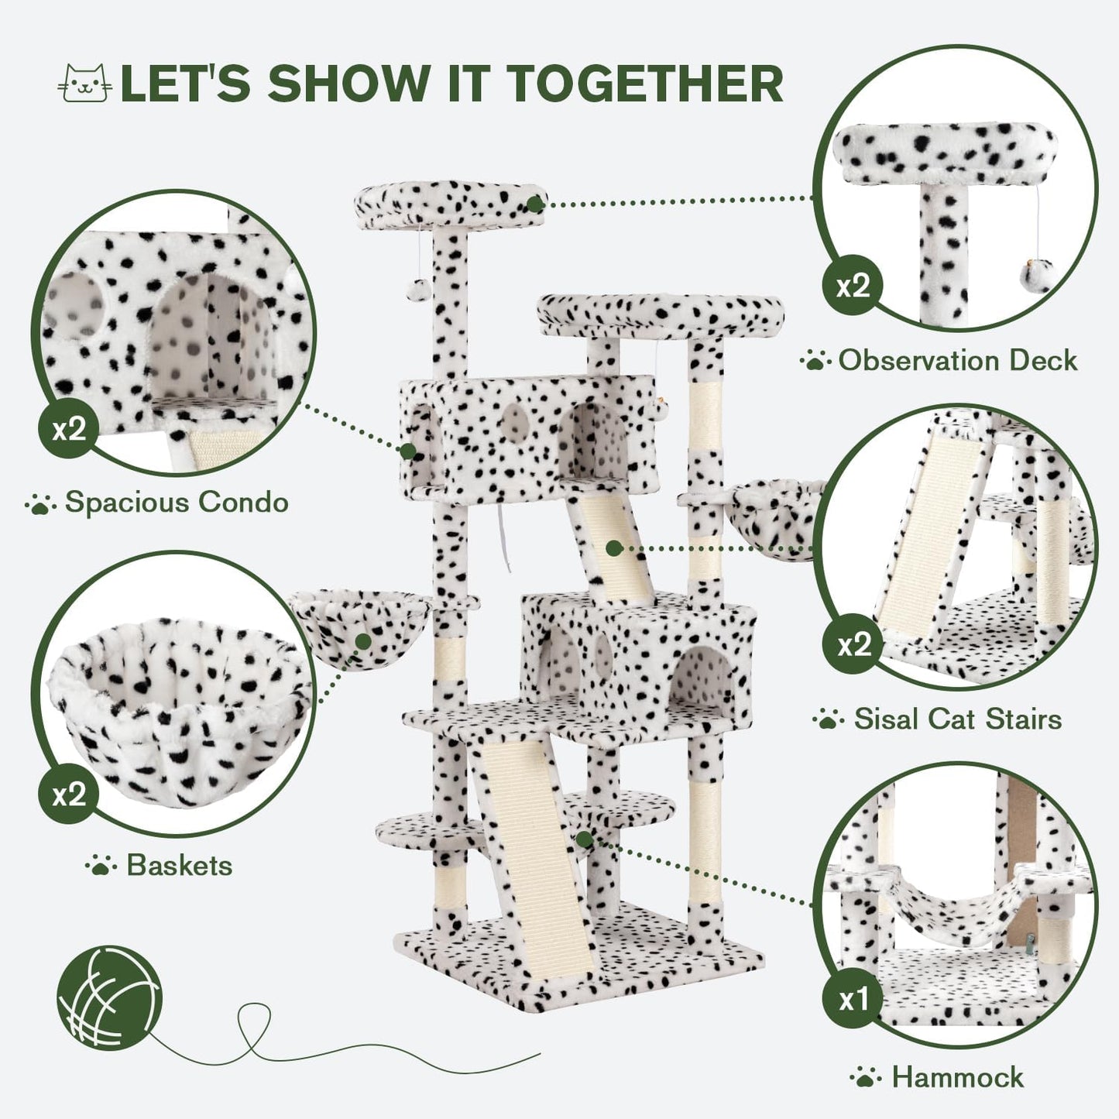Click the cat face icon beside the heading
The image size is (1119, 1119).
[85, 83]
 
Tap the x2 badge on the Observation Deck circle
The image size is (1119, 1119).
[853, 286]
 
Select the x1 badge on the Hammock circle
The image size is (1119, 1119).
[853, 1001]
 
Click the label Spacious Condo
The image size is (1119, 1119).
[177, 503]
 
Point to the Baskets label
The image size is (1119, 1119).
[179, 865]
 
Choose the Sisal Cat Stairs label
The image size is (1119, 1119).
[957, 719]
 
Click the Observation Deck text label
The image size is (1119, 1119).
[957, 361]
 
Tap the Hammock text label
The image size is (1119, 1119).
[957, 1077]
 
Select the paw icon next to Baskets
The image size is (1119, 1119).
[100, 865]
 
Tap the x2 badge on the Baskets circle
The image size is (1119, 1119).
[69, 795]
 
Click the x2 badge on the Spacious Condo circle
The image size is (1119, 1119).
[69, 429]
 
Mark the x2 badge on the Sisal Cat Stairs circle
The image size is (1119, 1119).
[853, 644]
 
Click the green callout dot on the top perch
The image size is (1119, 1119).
[534, 204]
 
